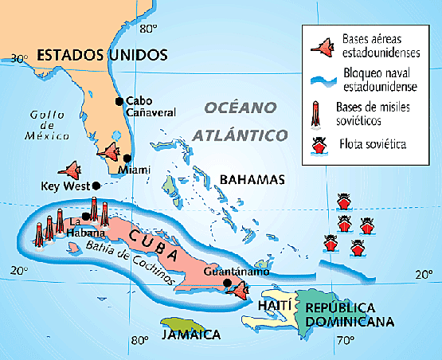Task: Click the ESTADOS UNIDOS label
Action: [x=103, y=55]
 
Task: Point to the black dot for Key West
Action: [x=96, y=186]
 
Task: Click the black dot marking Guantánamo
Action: [x=227, y=283]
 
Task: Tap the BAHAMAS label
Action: [x=252, y=179]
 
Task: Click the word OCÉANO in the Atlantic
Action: [x=239, y=108]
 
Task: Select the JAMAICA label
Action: [x=190, y=335]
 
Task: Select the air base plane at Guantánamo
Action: [x=237, y=288]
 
